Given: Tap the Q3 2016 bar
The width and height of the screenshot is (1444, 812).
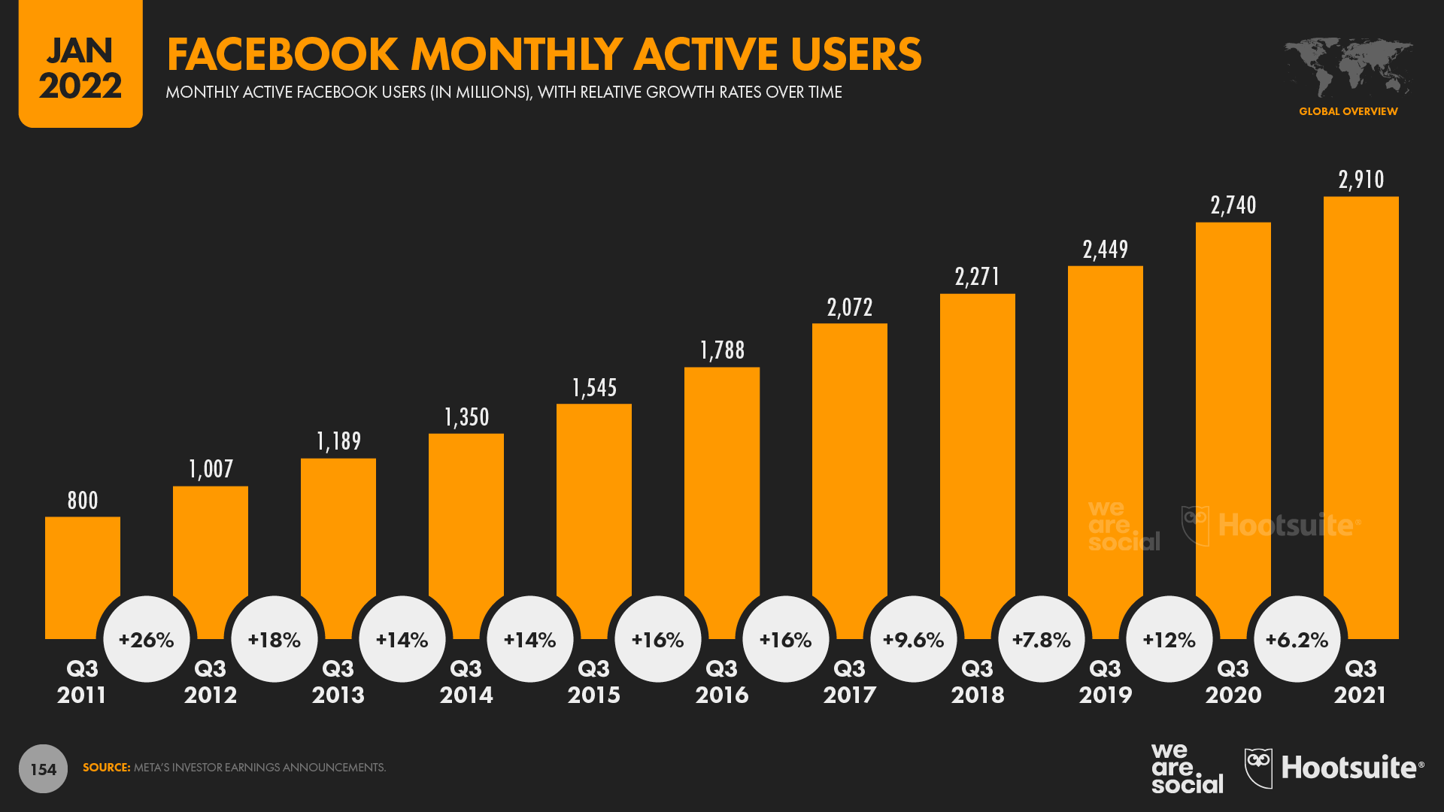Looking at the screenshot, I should coord(722,489).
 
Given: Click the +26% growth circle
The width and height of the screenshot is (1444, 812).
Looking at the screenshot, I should coord(147,639).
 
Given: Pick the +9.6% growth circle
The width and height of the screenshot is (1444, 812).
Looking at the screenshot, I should coord(913,639).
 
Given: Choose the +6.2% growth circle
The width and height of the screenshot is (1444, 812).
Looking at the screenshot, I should coord(1297,639).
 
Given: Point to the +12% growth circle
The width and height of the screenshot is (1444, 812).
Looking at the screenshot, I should coord(1169,639).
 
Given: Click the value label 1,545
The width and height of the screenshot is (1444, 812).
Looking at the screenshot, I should coord(594,388).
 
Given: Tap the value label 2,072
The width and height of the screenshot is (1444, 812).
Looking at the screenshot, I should coord(850,308).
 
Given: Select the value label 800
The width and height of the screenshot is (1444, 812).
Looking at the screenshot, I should coord(83,501).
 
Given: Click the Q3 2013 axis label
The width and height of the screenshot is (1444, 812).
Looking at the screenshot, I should coord(338,681).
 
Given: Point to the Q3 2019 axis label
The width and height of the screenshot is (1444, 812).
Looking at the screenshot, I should coord(1105,681).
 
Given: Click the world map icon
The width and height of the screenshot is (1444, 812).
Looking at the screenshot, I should coord(1348,66).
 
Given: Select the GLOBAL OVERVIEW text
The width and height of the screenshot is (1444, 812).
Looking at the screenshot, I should coord(1348,111).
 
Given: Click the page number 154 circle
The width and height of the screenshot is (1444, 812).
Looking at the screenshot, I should coord(43,769).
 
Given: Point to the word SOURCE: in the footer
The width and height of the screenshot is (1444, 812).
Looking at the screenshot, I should coord(106,768).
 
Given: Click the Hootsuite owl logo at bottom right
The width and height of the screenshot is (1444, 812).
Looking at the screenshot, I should coord(1258,768).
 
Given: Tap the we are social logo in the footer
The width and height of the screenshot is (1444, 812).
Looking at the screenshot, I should coord(1186,768).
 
